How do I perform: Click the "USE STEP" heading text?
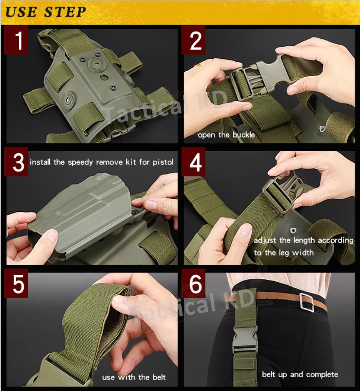click(x=45, y=12)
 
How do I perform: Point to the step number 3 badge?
click(x=16, y=162)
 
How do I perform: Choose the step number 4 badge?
click(x=193, y=162)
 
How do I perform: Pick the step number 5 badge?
click(x=16, y=283)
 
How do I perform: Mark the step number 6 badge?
click(x=193, y=283)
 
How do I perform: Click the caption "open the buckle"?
click(x=226, y=135)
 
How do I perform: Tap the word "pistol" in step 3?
click(x=163, y=162)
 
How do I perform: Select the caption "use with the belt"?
click(x=134, y=377)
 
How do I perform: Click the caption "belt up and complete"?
click(x=300, y=375)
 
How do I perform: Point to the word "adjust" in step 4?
click(x=265, y=241)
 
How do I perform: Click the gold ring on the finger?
click(x=199, y=66)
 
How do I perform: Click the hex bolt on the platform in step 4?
click(x=293, y=230)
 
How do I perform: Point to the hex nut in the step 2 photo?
click(x=322, y=129)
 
